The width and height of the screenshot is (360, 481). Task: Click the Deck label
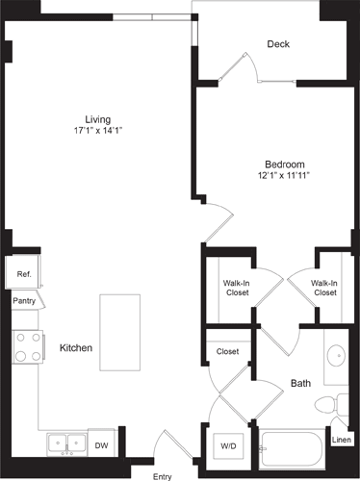tap(278, 44)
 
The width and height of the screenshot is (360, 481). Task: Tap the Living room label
tap(97, 119)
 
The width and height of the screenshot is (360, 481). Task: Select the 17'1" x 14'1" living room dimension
tap(97, 131)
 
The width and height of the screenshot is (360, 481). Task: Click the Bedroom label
tap(286, 165)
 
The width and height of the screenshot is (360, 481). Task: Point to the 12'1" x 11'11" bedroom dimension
tap(286, 176)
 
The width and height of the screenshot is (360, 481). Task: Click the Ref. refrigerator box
tap(24, 274)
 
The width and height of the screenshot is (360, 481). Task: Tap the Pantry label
tap(24, 300)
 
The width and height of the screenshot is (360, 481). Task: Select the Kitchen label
tap(76, 347)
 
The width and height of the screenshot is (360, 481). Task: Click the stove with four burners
tap(27, 347)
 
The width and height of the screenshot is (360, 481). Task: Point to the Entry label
tap(162, 475)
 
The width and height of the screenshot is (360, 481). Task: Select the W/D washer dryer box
tap(230, 445)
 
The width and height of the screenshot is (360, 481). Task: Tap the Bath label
tap(300, 384)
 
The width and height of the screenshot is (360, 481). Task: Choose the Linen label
tap(342, 440)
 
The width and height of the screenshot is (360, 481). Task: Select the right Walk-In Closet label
tap(323, 287)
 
